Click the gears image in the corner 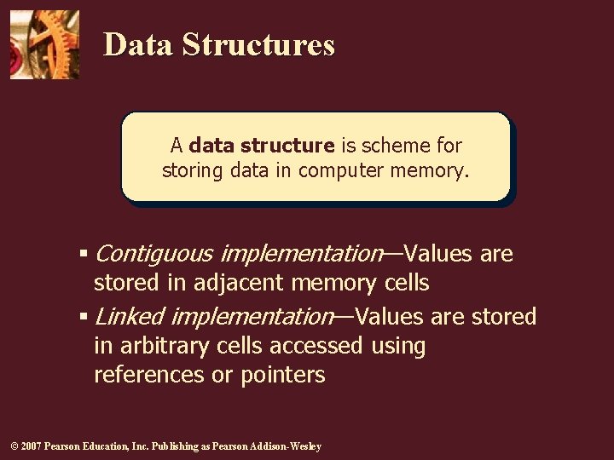(x=44, y=44)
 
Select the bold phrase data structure (x=262, y=146)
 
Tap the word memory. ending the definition (x=430, y=170)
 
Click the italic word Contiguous (x=153, y=254)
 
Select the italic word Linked (x=129, y=317)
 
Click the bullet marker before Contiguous (x=84, y=254)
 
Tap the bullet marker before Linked (x=84, y=317)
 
